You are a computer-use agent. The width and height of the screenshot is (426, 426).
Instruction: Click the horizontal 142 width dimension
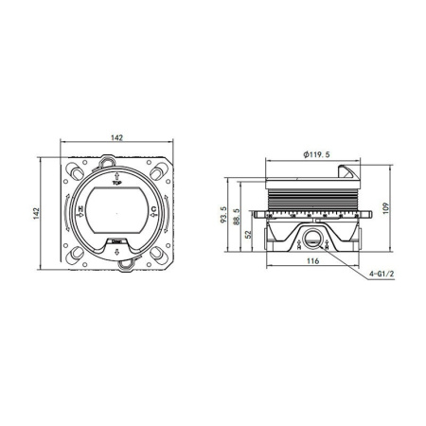[115, 137]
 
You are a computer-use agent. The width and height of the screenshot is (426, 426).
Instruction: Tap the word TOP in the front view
[115, 185]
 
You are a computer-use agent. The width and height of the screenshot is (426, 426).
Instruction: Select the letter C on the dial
[152, 215]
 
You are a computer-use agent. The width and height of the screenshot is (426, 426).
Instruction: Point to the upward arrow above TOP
[115, 177]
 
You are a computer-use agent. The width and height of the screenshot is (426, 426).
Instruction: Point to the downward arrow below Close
[115, 253]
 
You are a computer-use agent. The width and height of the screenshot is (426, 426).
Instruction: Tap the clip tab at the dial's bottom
[115, 267]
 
